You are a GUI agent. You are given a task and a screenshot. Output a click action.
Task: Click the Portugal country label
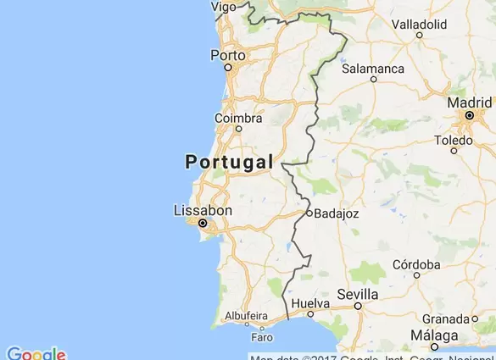(x=229, y=162)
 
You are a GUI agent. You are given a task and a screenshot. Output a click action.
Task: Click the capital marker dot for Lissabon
(x=203, y=224)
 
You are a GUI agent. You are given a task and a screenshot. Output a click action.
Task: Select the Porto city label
(x=227, y=55)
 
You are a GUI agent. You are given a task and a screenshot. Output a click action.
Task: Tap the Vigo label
(x=224, y=6)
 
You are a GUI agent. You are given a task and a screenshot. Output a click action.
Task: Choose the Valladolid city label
(x=420, y=24)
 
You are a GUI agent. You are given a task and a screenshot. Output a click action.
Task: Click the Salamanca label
(x=373, y=68)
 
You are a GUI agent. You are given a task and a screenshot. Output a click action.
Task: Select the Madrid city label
(x=469, y=102)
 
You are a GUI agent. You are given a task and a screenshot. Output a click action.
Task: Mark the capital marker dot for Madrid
(x=469, y=115)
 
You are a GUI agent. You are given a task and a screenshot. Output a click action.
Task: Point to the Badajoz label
(x=337, y=213)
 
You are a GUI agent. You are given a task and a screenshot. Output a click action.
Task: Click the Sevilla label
(x=357, y=293)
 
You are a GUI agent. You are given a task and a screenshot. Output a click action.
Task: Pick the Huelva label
(x=309, y=302)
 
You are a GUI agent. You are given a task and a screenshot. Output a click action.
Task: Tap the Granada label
(x=445, y=318)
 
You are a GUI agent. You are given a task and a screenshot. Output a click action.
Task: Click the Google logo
(x=36, y=353)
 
